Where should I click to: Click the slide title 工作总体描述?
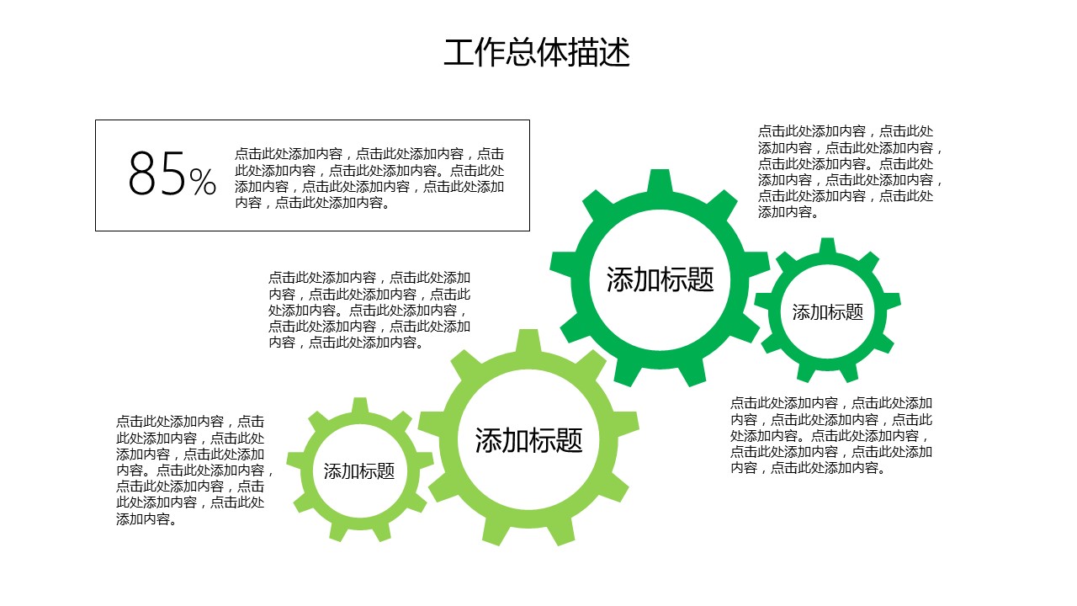pyautogui.click(x=537, y=52)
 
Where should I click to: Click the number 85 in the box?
pyautogui.click(x=157, y=173)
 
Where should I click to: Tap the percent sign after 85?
pyautogui.click(x=203, y=181)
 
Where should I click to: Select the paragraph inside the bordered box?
pyautogui.click(x=369, y=178)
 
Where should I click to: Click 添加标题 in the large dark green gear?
pyautogui.click(x=661, y=279)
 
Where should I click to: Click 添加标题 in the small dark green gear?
pyautogui.click(x=828, y=312)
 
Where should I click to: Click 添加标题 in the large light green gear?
pyautogui.click(x=529, y=440)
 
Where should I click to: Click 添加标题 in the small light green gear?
pyautogui.click(x=359, y=471)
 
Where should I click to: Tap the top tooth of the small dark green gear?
pyautogui.click(x=827, y=246)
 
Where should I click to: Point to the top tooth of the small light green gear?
pyautogui.click(x=360, y=406)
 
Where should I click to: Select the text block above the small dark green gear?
pyautogui.click(x=850, y=172)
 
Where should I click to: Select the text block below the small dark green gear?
pyautogui.click(x=831, y=435)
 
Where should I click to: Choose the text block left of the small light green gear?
pyautogui.click(x=194, y=470)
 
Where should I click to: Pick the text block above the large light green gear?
pyautogui.click(x=369, y=310)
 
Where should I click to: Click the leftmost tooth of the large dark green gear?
pyautogui.click(x=561, y=264)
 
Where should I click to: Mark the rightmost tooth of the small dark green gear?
pyautogui.click(x=892, y=300)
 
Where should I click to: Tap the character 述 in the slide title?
pyautogui.click(x=615, y=52)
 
